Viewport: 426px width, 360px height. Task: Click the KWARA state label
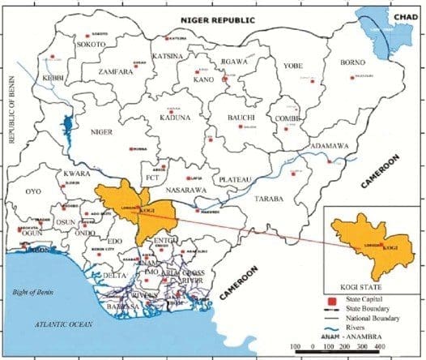tap(78, 174)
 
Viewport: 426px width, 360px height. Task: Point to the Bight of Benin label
tap(30, 289)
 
